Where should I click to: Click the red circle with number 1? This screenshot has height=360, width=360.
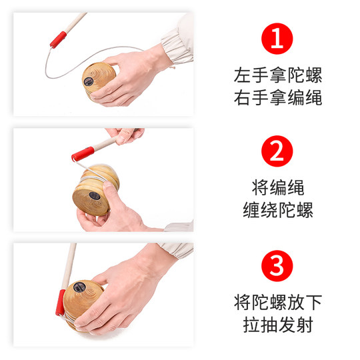tap(278, 39)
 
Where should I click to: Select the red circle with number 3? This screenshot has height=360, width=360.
tap(278, 267)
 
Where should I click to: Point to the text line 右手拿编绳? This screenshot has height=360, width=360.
tap(278, 98)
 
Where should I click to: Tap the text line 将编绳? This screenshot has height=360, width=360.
tap(278, 187)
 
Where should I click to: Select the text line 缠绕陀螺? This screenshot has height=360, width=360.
tap(278, 211)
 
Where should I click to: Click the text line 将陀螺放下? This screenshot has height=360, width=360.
tap(278, 301)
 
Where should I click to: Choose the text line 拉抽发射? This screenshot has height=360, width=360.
tap(278, 325)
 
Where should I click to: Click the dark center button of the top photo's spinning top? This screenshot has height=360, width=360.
tap(89, 81)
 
